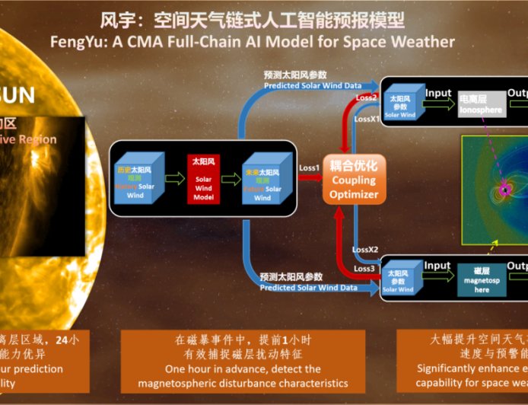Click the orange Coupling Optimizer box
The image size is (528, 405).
(x=353, y=180)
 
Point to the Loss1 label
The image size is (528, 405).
(x=309, y=167)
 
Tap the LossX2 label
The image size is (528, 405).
(x=366, y=250)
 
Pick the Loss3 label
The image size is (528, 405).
(x=364, y=268)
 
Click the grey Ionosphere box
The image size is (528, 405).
(x=481, y=104)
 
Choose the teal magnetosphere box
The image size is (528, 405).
(x=482, y=279)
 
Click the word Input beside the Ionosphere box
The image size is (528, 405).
(x=438, y=93)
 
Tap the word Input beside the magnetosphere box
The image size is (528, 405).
(x=437, y=266)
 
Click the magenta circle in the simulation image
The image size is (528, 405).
(x=504, y=189)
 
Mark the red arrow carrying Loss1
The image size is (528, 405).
(x=309, y=177)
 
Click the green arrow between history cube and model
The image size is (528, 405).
(x=175, y=179)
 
